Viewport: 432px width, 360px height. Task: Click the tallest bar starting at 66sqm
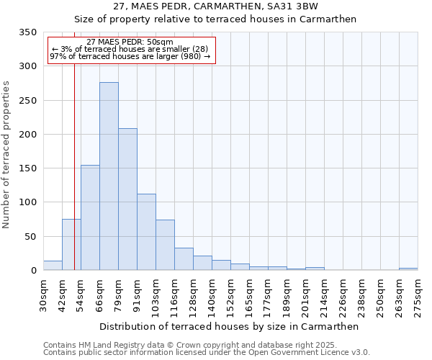[x=109, y=176]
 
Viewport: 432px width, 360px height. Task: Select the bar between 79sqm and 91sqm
[x=127, y=199]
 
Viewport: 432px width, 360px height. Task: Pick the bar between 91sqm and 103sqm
[x=146, y=232]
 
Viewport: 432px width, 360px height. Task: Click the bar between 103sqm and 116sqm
[x=165, y=245]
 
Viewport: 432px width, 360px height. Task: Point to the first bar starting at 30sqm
[x=53, y=266]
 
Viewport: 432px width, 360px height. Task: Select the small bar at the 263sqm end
[x=408, y=269]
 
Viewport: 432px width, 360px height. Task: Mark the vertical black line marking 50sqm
[x=74, y=144]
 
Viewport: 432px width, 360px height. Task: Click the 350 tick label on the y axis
[x=27, y=32]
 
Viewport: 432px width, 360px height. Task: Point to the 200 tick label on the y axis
[x=27, y=135]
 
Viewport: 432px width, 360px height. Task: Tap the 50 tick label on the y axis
[x=30, y=237]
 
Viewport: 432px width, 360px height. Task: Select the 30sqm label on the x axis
[x=44, y=294]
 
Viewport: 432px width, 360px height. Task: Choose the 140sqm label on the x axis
[x=212, y=294]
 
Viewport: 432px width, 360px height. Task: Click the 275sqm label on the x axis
[x=418, y=294]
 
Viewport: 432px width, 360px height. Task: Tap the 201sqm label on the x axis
[x=305, y=294]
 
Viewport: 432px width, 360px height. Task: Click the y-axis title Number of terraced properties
[x=7, y=155]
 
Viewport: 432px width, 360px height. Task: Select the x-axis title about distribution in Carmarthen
[x=229, y=326]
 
